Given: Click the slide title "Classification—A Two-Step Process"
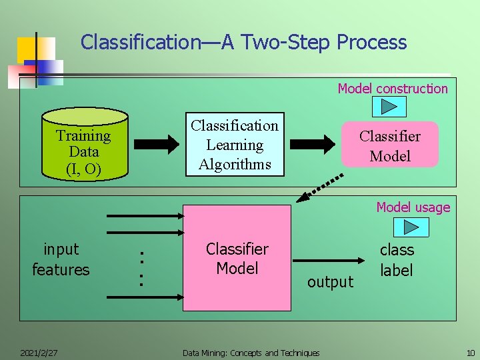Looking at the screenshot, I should (x=243, y=43).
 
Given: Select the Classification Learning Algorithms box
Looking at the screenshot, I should (x=235, y=145).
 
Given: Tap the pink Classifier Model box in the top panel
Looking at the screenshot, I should (x=390, y=145).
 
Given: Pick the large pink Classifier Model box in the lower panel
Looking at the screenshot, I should (x=237, y=258).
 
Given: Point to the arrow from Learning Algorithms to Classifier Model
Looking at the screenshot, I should (x=315, y=143).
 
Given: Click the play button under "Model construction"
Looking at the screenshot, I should (x=391, y=107).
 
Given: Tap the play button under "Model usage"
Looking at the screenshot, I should (x=411, y=227).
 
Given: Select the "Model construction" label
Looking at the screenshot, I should (x=393, y=89).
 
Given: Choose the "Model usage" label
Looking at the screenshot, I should (x=413, y=207).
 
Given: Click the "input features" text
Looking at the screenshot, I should (x=61, y=259).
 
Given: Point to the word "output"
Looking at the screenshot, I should (x=330, y=282).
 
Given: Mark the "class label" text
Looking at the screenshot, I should (x=397, y=260).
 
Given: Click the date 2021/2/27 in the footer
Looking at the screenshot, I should (x=38, y=352).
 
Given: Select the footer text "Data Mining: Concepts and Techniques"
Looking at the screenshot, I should (x=251, y=353).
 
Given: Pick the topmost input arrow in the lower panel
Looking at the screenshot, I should (x=146, y=216).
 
